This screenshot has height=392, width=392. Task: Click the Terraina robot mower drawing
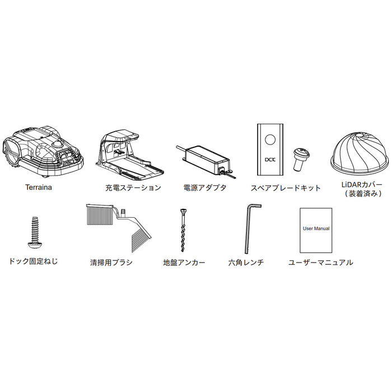pyautogui.click(x=43, y=152)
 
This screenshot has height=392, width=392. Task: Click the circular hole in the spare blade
pyautogui.click(x=270, y=139)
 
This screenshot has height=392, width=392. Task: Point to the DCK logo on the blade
pyautogui.click(x=270, y=160)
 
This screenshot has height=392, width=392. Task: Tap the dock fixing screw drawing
pyautogui.click(x=35, y=232)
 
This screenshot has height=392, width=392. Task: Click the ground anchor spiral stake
pyautogui.click(x=183, y=230)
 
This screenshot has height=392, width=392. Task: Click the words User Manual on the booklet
pyautogui.click(x=316, y=228)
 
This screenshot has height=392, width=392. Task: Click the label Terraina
pyautogui.click(x=39, y=187)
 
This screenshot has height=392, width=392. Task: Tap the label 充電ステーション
pyautogui.click(x=133, y=188)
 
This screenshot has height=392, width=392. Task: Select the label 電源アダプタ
pyautogui.click(x=205, y=188)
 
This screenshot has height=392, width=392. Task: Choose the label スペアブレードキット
pyautogui.click(x=286, y=188)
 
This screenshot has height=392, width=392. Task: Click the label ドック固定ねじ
pyautogui.click(x=33, y=262)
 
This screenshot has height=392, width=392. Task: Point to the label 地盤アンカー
pyautogui.click(x=184, y=263)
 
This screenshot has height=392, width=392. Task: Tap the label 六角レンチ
pyautogui.click(x=246, y=263)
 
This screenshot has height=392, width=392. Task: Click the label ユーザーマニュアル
pyautogui.click(x=321, y=263)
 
